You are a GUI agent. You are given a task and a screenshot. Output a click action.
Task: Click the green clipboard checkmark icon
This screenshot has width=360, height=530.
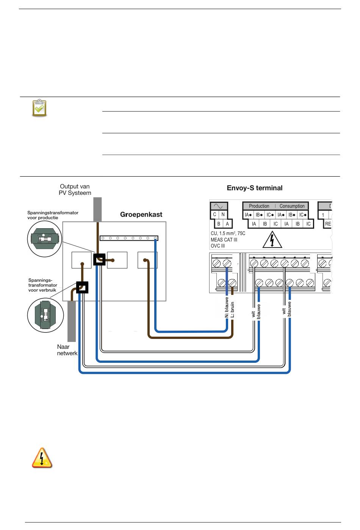[39, 108]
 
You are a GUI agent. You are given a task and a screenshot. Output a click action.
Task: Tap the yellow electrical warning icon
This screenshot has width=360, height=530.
[42, 458]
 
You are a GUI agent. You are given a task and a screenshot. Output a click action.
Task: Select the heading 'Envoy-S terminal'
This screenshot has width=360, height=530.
[255, 188]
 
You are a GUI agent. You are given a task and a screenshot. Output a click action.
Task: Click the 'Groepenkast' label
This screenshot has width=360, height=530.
[141, 214]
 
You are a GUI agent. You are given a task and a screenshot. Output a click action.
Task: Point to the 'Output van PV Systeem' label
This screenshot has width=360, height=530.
[75, 190]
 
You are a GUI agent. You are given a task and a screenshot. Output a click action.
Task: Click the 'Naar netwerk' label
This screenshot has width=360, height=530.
[67, 350]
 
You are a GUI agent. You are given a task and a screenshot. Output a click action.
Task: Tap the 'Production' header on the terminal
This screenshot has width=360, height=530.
[259, 206]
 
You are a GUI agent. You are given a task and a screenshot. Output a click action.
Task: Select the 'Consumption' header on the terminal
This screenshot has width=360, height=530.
[292, 206]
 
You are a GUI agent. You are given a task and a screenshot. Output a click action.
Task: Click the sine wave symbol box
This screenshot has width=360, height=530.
[219, 206]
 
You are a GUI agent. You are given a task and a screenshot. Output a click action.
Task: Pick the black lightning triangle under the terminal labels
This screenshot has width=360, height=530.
[272, 240]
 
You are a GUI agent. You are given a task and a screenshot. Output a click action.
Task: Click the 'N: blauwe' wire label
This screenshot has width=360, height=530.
[227, 307]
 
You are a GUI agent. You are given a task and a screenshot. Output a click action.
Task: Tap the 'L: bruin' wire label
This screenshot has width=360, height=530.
[232, 309]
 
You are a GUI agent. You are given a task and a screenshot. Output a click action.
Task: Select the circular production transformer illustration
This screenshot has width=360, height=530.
[45, 239]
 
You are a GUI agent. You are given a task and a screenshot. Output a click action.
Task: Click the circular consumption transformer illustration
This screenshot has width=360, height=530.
[45, 315]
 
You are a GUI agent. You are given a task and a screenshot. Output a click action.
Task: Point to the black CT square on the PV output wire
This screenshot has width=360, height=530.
[99, 259]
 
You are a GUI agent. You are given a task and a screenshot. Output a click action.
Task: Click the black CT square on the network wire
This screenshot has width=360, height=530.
[82, 287]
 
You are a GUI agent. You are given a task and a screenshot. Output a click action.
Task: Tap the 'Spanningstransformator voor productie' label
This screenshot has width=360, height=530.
[53, 215]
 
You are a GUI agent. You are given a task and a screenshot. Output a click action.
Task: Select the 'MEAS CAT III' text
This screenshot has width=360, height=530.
[224, 240]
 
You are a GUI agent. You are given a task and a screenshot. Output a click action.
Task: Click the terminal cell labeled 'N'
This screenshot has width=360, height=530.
[223, 214]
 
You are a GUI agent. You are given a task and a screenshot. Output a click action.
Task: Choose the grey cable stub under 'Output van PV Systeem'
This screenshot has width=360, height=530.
[97, 209]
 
